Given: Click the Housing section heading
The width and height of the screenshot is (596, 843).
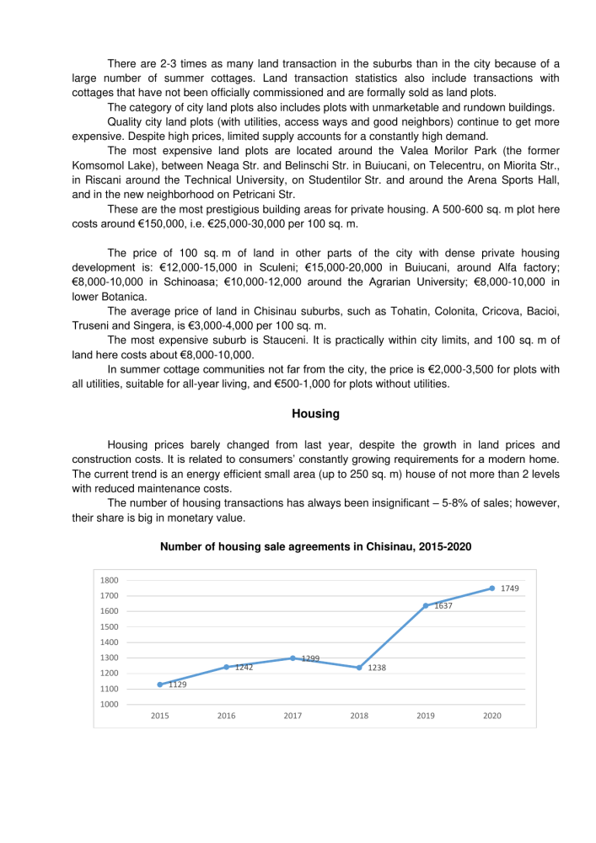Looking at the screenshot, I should pyautogui.click(x=315, y=414).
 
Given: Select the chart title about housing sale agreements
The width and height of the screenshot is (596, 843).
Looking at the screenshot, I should pyautogui.click(x=315, y=547).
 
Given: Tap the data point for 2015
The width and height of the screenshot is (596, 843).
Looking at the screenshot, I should pyautogui.click(x=159, y=685).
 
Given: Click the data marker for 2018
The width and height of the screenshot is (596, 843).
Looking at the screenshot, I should pyautogui.click(x=359, y=668).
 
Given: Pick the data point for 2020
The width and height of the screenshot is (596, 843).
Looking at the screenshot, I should pyautogui.click(x=492, y=588).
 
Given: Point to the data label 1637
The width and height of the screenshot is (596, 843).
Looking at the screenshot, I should pyautogui.click(x=444, y=606).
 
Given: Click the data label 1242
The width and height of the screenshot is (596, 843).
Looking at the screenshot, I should pyautogui.click(x=244, y=667).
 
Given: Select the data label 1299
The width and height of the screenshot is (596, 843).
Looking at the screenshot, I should pyautogui.click(x=309, y=658).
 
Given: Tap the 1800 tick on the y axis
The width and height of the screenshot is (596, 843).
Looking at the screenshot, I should pyautogui.click(x=109, y=580).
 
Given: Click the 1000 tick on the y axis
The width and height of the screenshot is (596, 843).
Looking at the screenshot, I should pyautogui.click(x=109, y=704).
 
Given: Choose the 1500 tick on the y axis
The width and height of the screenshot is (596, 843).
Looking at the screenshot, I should pyautogui.click(x=109, y=626).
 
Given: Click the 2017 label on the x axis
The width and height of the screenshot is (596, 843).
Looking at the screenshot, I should pyautogui.click(x=293, y=716).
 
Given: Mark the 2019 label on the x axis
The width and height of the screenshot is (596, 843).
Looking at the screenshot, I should pyautogui.click(x=426, y=716).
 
